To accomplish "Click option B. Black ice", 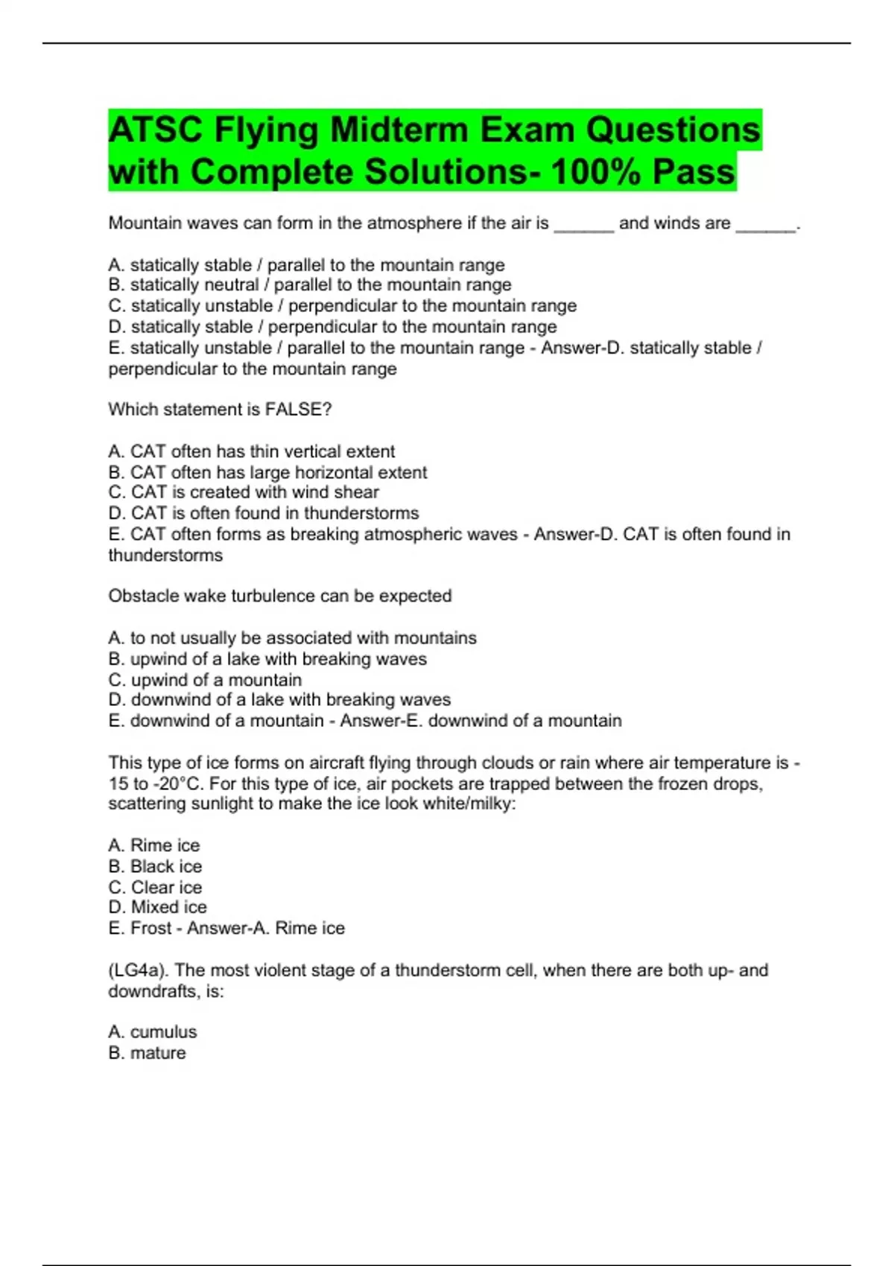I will pyautogui.click(x=155, y=866).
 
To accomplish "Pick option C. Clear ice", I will pyautogui.click(x=155, y=887).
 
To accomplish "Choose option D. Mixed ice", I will pyautogui.click(x=157, y=907).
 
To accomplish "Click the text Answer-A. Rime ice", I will pyautogui.click(x=265, y=928).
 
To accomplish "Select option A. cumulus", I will pyautogui.click(x=153, y=1032).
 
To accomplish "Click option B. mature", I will pyautogui.click(x=147, y=1053).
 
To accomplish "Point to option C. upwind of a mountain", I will pyautogui.click(x=205, y=680).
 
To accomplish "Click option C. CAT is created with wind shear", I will pyautogui.click(x=244, y=492).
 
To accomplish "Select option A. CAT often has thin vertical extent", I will pyautogui.click(x=251, y=451).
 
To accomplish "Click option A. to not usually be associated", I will pyautogui.click(x=292, y=638).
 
